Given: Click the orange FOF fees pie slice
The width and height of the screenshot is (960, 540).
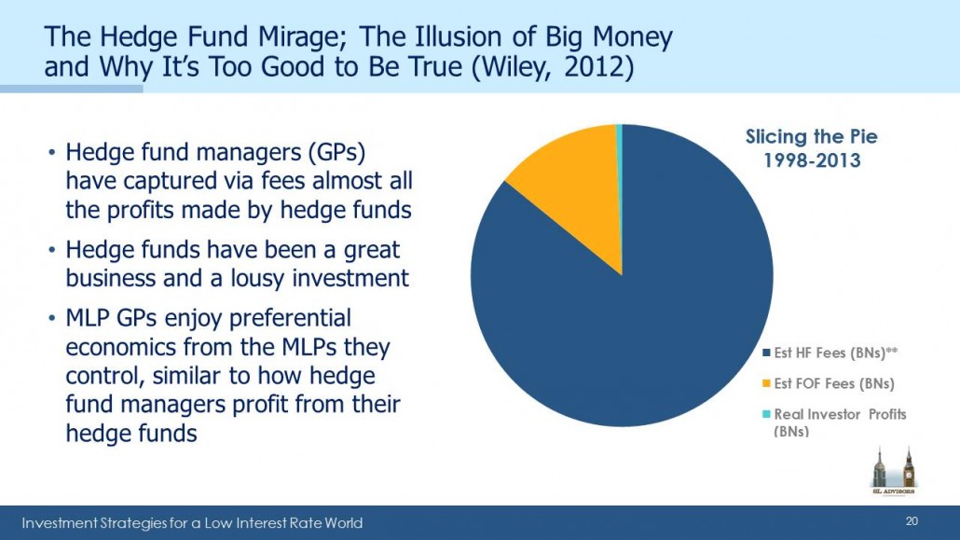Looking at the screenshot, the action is click(x=575, y=184).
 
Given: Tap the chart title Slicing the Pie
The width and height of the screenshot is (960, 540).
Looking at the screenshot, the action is click(x=811, y=136).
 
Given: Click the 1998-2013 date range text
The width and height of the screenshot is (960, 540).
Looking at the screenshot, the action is click(x=812, y=160).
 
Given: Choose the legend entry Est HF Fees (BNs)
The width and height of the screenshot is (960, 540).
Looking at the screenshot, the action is click(x=830, y=353).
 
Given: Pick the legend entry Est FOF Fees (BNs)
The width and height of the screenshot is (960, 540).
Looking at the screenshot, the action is click(x=828, y=383).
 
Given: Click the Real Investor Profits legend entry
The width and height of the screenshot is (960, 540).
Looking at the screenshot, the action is click(x=834, y=422).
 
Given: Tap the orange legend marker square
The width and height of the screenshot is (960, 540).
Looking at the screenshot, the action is click(x=766, y=383).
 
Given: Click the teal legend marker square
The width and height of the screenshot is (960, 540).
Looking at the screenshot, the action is click(x=766, y=414).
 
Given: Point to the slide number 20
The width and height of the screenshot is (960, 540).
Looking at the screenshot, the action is click(x=912, y=521).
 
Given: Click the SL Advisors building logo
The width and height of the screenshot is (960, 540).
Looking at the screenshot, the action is click(x=893, y=470).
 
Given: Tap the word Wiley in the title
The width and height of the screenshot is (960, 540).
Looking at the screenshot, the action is click(x=515, y=67).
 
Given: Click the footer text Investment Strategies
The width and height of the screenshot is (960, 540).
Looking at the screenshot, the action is click(x=101, y=523).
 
